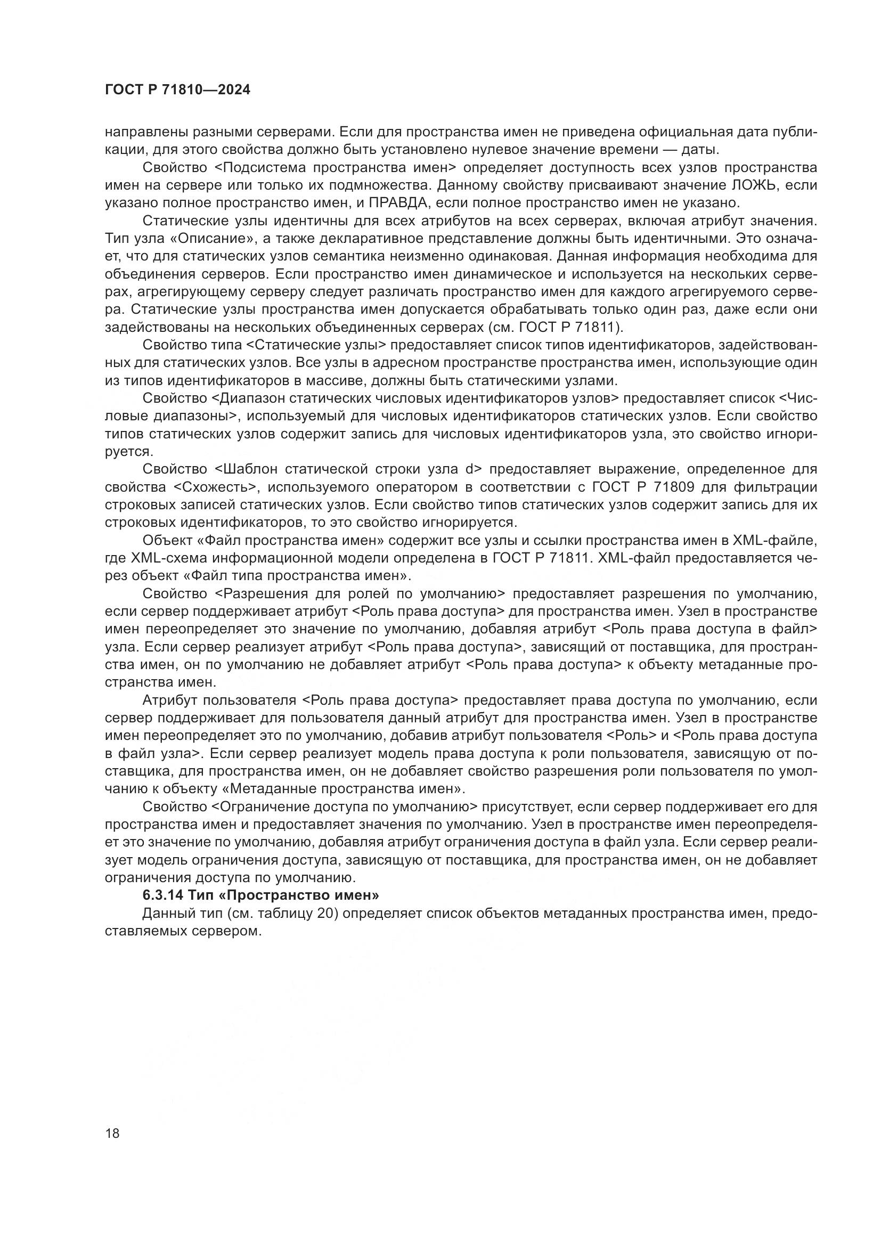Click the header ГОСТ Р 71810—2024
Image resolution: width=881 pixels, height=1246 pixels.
[177, 90]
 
